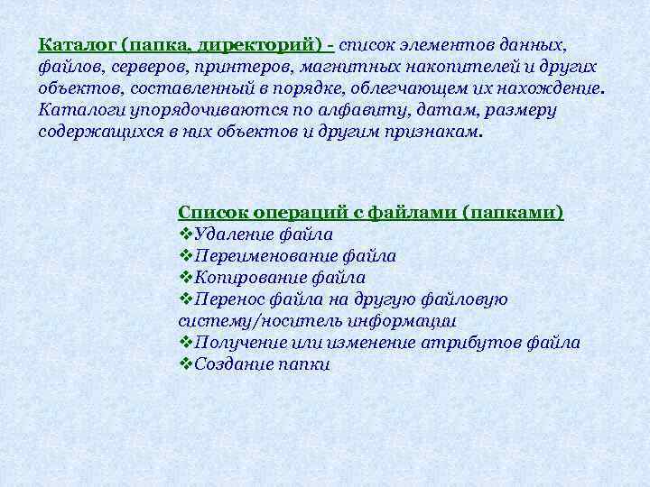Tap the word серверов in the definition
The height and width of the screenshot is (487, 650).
(x=132, y=67)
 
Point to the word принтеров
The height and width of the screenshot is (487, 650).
(x=221, y=67)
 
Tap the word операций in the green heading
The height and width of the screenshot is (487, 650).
(x=298, y=213)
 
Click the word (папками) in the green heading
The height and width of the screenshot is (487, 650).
(x=513, y=213)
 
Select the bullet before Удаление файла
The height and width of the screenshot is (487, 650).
(x=186, y=234)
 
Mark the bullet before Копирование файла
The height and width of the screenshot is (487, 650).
(x=186, y=278)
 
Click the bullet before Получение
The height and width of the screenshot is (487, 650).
(x=186, y=343)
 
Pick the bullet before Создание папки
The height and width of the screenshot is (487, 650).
(x=186, y=364)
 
